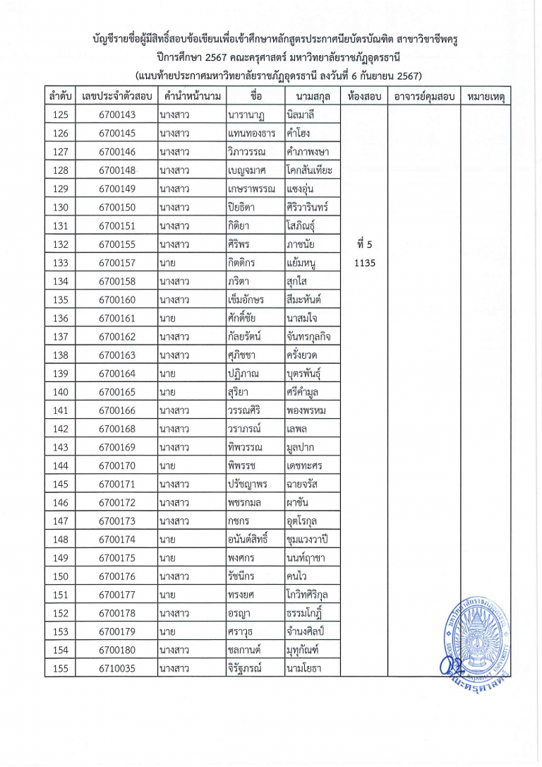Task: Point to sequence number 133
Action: [x=61, y=263]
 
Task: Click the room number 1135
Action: [x=365, y=263]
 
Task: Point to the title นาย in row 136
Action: [x=167, y=318]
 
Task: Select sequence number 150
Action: [x=61, y=576]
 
